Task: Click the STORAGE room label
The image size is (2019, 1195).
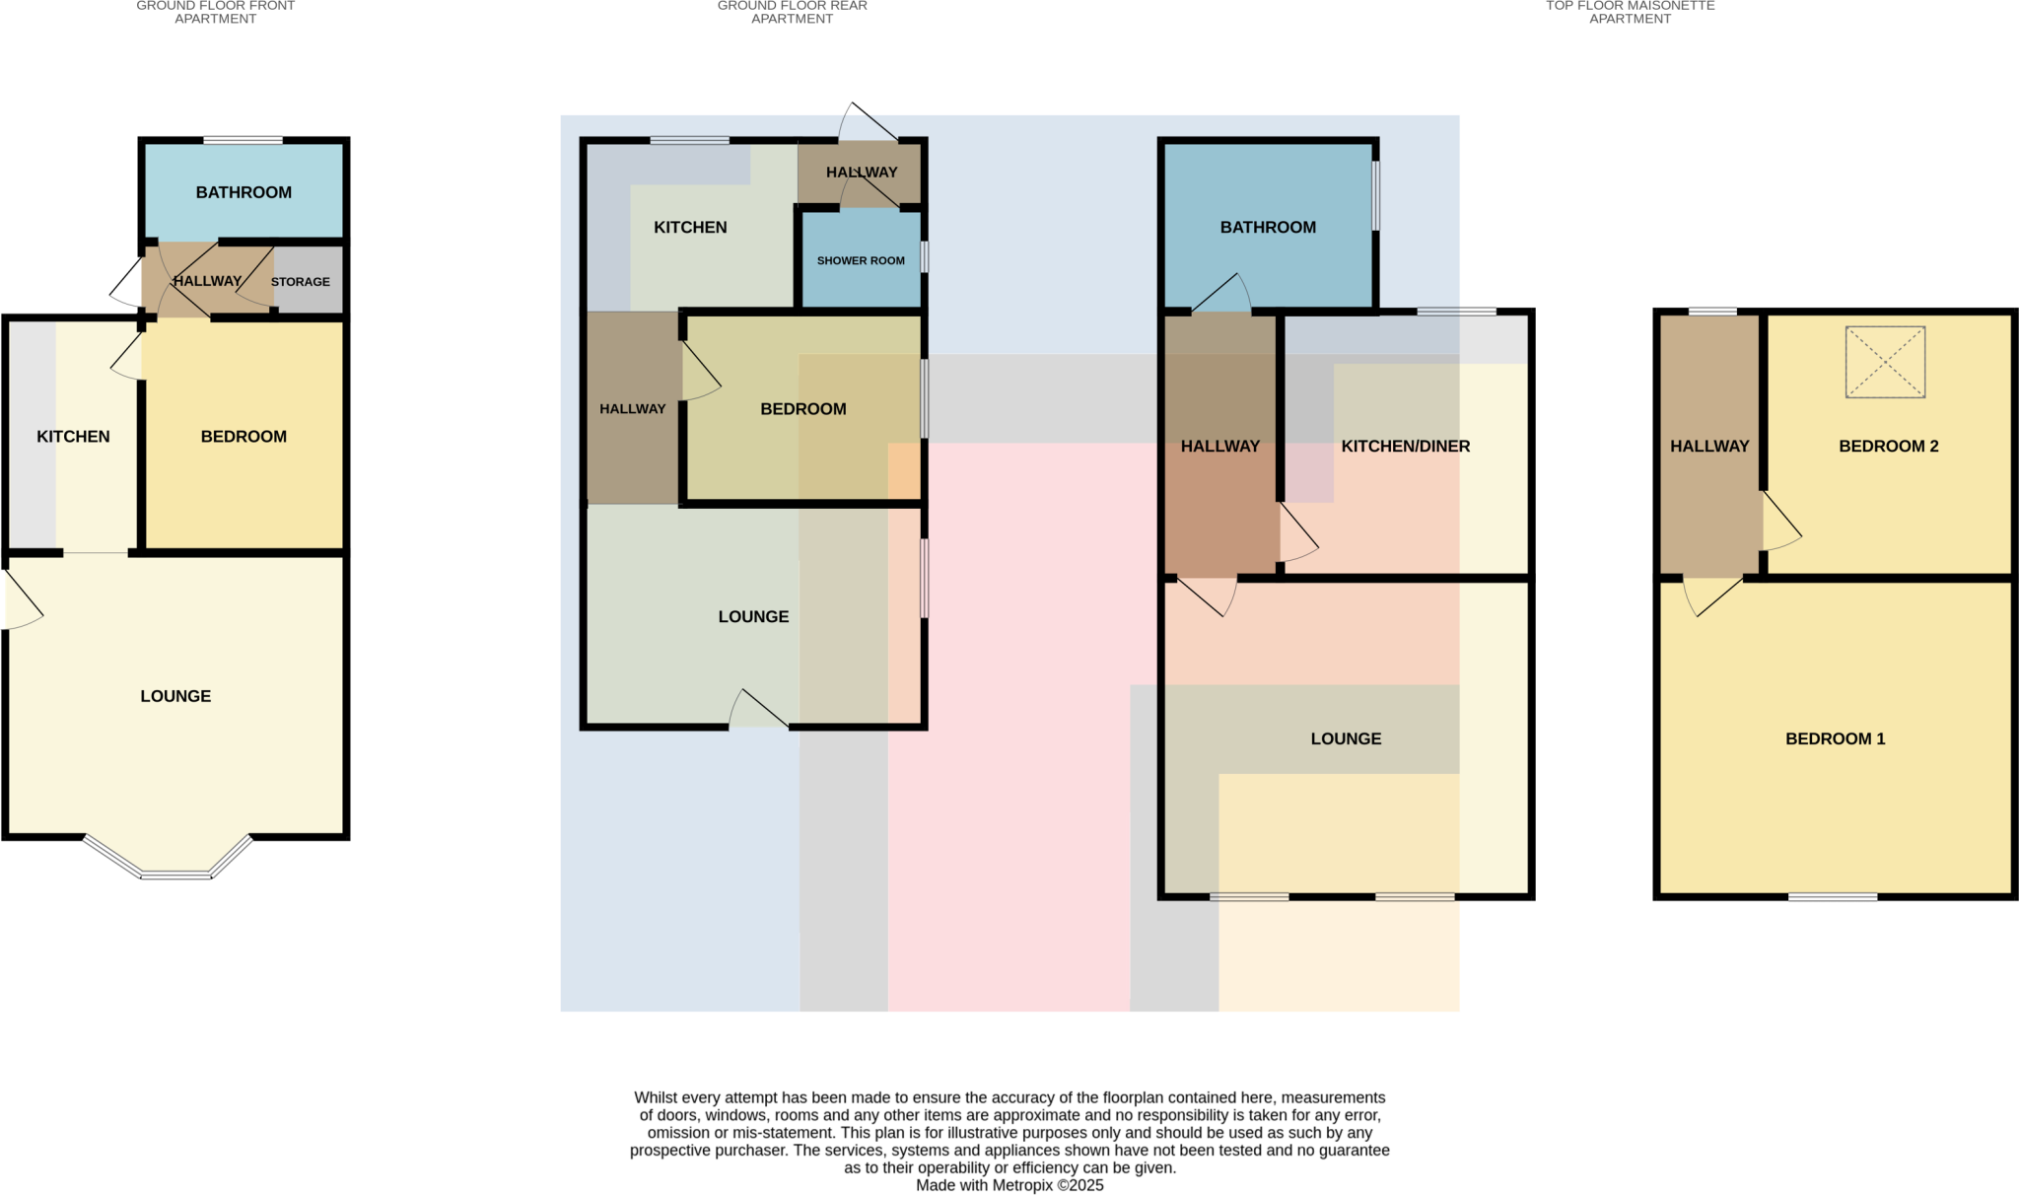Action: point(300,282)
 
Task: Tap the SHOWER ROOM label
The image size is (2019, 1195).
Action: point(861,261)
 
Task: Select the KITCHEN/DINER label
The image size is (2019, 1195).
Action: point(1405,447)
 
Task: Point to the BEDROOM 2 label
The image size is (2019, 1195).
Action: point(1888,447)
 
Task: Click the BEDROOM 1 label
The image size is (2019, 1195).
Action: point(1835,738)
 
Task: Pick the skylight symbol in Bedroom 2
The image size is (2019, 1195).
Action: point(1885,362)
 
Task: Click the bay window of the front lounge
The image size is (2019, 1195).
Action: point(175,872)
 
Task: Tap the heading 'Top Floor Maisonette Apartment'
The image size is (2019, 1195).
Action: point(1630,12)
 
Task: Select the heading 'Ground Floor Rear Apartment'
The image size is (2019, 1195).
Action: point(792,12)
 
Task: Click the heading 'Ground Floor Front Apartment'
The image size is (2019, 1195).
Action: point(215,12)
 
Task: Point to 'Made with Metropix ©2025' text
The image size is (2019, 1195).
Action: point(1009,1185)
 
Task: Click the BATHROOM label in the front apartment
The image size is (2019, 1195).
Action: point(244,192)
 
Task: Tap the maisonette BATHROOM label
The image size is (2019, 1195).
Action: point(1268,228)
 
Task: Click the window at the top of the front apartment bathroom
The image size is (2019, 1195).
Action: point(243,140)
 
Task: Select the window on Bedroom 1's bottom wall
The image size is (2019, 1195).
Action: point(1833,897)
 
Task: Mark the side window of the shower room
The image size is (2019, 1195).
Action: point(925,257)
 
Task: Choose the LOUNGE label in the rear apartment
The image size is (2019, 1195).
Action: point(753,617)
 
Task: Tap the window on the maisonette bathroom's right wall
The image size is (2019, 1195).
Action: point(1376,195)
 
